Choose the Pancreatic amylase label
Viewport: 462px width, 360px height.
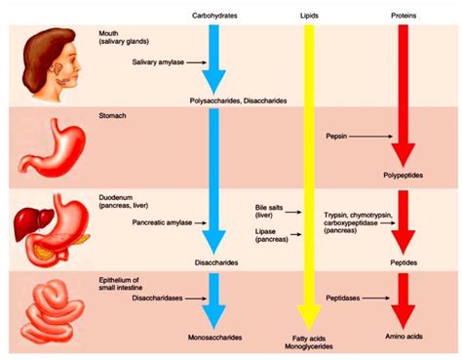click(x=159, y=222)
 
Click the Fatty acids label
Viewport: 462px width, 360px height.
click(x=310, y=338)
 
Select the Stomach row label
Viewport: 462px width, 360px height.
click(x=113, y=114)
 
